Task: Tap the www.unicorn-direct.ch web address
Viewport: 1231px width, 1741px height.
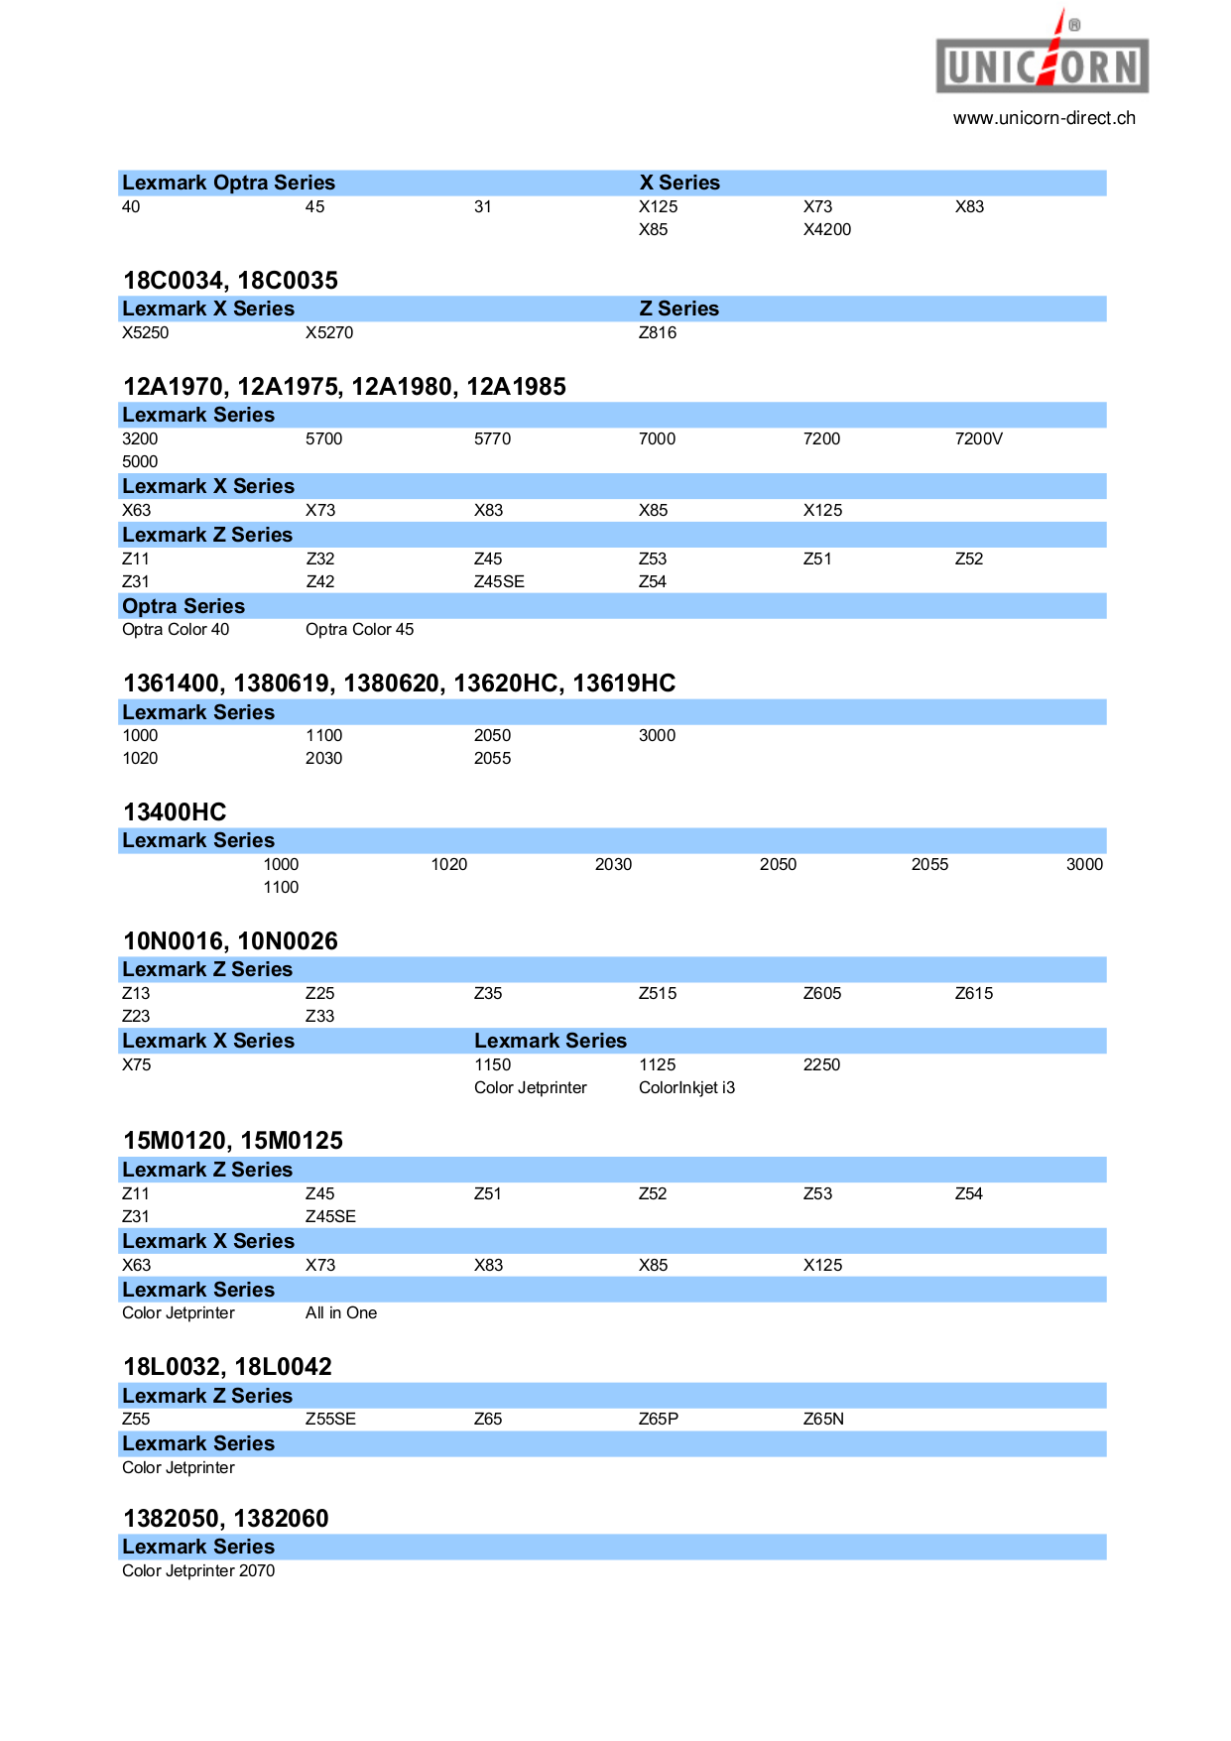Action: [x=1044, y=118]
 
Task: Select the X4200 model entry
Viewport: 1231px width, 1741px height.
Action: [x=827, y=229]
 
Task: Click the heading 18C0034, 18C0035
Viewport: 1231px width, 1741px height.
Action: [x=230, y=281]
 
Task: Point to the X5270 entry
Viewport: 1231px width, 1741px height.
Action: [x=329, y=332]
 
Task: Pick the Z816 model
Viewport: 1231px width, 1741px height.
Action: [x=658, y=332]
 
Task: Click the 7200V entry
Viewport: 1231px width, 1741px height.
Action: [x=979, y=438]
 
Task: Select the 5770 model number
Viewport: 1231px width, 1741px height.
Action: [x=492, y=438]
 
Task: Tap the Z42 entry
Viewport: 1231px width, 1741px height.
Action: [x=320, y=581]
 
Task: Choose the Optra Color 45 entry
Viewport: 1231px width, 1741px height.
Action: [x=359, y=629]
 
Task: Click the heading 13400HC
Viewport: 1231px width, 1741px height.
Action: [x=175, y=812]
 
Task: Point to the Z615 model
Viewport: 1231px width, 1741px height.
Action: [x=974, y=993]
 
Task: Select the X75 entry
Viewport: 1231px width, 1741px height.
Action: [x=137, y=1064]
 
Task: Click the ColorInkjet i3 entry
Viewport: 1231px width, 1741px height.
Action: [x=686, y=1087]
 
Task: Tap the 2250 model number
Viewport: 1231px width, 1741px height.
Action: [x=821, y=1064]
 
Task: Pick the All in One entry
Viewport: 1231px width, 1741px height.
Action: [x=341, y=1312]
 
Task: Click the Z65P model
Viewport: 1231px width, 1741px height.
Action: [x=659, y=1419]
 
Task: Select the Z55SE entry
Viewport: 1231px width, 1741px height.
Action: [x=330, y=1419]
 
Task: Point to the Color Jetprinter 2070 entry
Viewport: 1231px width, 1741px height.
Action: [x=198, y=1570]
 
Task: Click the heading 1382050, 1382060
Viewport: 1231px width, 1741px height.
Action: [x=225, y=1519]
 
